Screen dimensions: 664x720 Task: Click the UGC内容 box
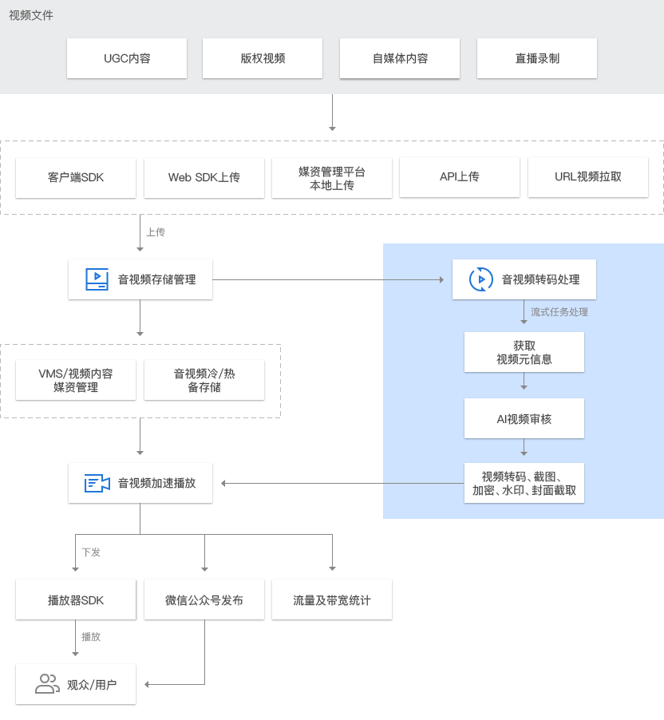point(127,58)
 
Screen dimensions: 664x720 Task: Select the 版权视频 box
point(263,58)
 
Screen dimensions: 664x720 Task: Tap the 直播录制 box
point(537,58)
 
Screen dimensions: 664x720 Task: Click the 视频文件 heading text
point(31,16)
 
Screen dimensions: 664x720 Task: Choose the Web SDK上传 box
point(204,178)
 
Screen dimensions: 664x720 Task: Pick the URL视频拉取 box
point(588,177)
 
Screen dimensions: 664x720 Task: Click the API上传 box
point(460,177)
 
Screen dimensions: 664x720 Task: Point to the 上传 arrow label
point(156,232)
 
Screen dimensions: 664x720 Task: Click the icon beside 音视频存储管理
point(97,279)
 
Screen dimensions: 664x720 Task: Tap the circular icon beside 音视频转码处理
point(480,279)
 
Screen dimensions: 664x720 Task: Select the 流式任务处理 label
point(559,312)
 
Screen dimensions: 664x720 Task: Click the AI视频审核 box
point(524,418)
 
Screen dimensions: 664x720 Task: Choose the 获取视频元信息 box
point(524,352)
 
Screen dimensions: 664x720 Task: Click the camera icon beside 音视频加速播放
point(97,483)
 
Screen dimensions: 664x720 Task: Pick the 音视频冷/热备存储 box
point(204,380)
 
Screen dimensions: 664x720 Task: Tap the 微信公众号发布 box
point(204,599)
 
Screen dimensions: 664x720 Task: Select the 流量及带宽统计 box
point(332,599)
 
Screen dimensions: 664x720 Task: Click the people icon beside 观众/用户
point(47,684)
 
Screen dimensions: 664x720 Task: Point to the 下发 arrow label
point(91,552)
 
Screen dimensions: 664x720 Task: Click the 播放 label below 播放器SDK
point(91,637)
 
